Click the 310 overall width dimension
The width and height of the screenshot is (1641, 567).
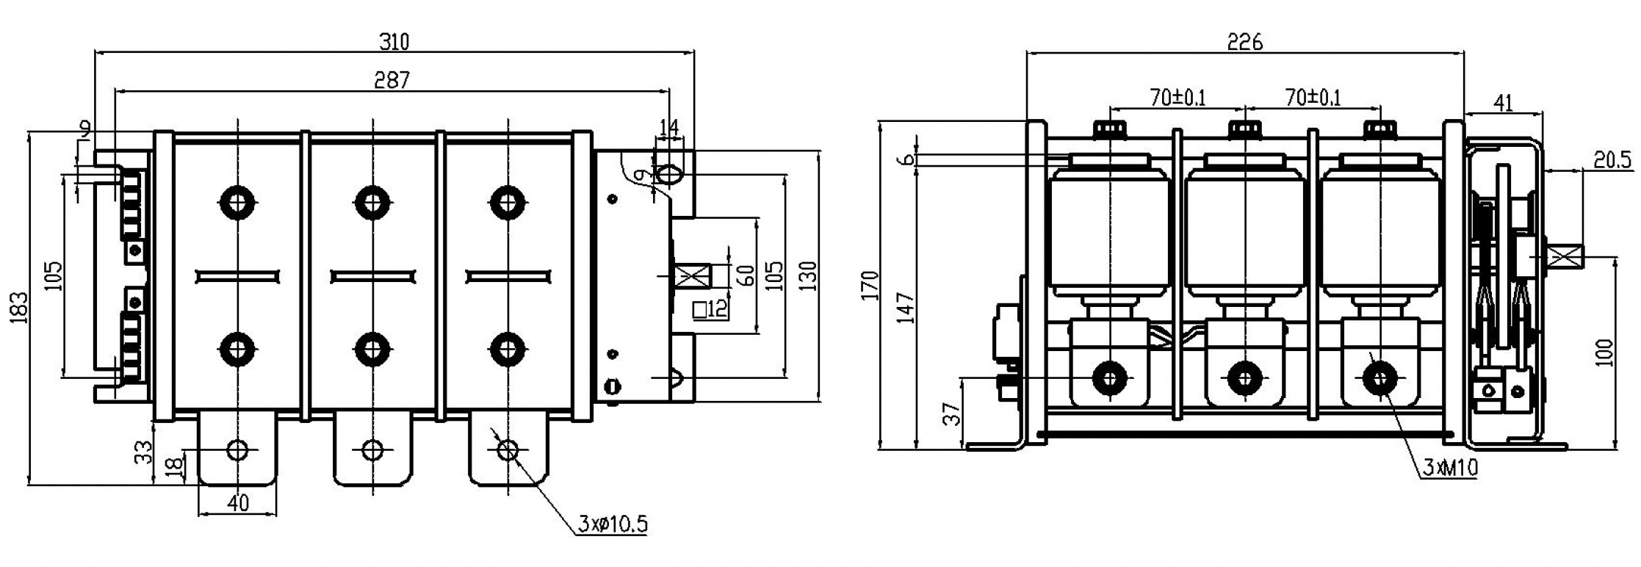coord(394,42)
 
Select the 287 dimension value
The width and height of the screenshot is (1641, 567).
coord(392,80)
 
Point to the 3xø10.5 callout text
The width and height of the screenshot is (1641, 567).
coord(612,524)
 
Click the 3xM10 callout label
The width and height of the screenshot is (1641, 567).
coord(1450,468)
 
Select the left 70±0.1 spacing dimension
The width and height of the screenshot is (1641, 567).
coord(1177,97)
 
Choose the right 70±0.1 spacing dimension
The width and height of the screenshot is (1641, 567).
coord(1313,97)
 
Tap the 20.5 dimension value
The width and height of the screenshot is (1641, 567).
coord(1612,159)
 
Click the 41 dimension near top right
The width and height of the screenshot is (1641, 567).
coord(1504,103)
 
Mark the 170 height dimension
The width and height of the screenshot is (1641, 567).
coord(870,286)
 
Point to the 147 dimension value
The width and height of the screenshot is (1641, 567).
coord(906,308)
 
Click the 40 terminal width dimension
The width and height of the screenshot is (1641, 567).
coord(237,503)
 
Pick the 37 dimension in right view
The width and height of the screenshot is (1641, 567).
coord(951,413)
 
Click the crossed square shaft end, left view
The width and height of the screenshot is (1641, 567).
coord(691,278)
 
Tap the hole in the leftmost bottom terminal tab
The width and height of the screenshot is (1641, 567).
coord(237,449)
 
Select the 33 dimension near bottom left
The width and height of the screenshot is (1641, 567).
coord(146,452)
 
